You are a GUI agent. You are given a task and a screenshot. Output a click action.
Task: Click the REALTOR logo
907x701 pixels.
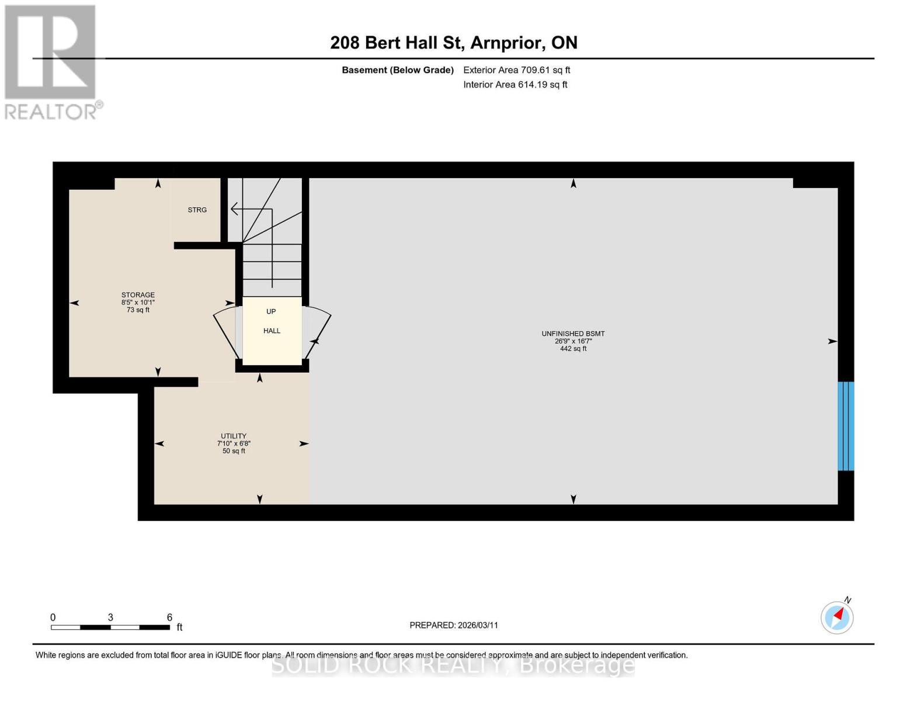[51, 61]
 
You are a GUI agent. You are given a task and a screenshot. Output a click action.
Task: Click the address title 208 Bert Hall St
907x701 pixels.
[453, 43]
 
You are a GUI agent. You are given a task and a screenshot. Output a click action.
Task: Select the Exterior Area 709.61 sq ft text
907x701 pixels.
[516, 70]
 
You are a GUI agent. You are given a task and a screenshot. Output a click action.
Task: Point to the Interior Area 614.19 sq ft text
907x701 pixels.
[515, 85]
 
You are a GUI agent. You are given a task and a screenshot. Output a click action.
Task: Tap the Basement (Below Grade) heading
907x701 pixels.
[397, 70]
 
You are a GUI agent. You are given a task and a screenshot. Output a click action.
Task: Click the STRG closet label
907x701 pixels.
[197, 210]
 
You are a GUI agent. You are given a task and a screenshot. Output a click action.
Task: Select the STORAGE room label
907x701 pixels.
[138, 295]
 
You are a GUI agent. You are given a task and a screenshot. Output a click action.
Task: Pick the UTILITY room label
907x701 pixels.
[233, 436]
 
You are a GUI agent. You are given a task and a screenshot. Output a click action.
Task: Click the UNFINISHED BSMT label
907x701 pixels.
[573, 334]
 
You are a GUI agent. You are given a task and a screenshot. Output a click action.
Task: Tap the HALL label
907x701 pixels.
[272, 331]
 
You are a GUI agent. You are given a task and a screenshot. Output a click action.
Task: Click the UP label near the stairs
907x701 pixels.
[271, 311]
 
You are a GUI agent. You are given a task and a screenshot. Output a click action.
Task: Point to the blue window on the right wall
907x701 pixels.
[846, 426]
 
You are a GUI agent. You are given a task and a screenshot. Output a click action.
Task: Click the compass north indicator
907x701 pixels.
[837, 617]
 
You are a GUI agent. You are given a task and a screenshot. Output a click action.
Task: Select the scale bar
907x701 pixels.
[110, 627]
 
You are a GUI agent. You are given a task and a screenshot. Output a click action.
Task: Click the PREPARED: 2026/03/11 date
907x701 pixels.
[454, 625]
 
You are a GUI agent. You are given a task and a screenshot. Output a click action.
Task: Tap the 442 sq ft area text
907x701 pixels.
[573, 349]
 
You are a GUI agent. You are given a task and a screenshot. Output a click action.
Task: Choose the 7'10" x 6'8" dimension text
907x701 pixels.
[234, 443]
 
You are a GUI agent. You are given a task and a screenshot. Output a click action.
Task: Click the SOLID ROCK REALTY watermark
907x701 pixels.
[453, 665]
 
